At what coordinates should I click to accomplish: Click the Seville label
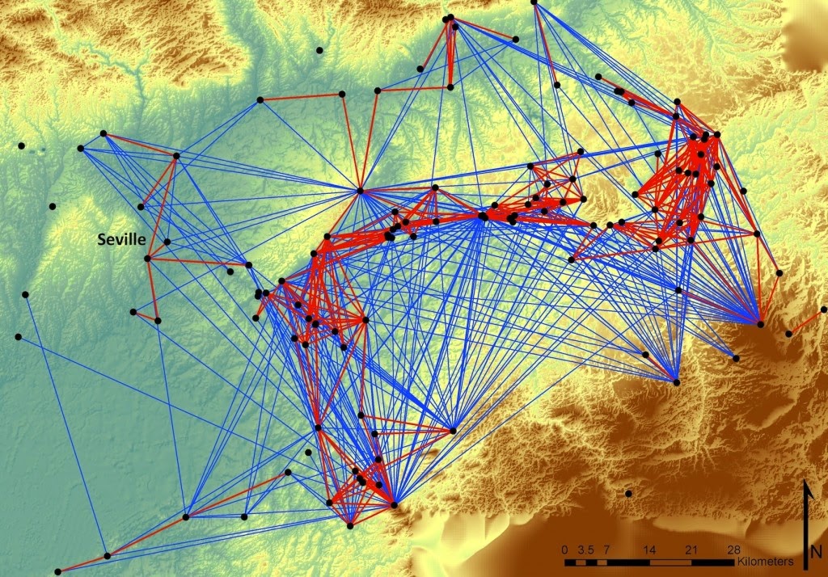[121, 239]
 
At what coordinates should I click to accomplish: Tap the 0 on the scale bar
[564, 550]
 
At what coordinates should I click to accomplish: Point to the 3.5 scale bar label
[585, 550]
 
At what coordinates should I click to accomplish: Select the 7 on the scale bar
[606, 550]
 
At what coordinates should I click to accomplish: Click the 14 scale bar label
[649, 550]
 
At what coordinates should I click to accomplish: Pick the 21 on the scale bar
[691, 550]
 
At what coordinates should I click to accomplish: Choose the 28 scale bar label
[733, 550]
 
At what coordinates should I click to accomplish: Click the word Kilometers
[765, 560]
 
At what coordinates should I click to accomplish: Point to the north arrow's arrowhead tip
[806, 482]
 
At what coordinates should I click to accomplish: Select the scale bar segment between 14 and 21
[670, 561]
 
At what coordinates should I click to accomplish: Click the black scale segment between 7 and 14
[628, 561]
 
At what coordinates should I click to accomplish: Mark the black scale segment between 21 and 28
[712, 561]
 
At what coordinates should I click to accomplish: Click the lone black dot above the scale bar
[628, 493]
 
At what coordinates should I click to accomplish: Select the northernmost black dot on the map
[534, 2]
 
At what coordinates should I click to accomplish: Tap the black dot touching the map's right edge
[823, 310]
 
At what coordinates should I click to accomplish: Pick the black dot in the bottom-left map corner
[58, 571]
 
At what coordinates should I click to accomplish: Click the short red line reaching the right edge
[806, 321]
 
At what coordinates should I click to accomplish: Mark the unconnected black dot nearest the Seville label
[53, 206]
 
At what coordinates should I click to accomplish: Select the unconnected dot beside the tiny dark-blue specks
[21, 145]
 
